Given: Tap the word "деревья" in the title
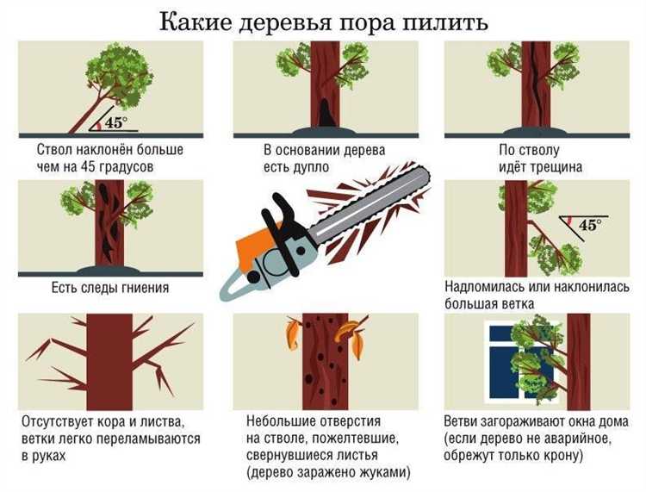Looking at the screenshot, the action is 285,23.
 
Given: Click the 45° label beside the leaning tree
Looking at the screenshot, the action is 116,122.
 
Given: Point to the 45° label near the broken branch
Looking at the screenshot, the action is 590,225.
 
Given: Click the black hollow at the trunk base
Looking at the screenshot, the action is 326,112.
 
